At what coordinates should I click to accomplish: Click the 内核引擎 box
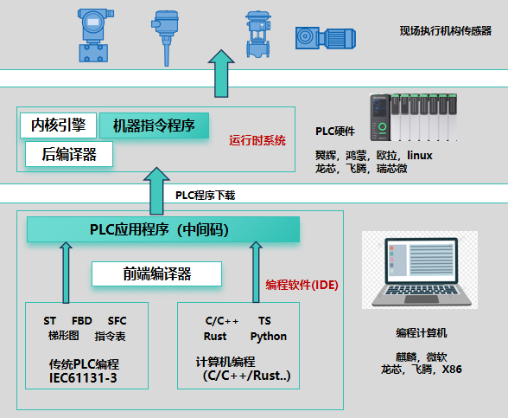[59, 125]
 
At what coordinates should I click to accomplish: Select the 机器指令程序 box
[154, 125]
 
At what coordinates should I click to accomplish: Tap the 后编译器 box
[69, 154]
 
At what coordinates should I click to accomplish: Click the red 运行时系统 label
[257, 140]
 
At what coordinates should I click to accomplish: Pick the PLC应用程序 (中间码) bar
[163, 229]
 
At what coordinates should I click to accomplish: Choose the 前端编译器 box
[157, 273]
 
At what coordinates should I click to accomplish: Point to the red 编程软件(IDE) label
[302, 285]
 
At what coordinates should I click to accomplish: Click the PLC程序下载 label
[205, 196]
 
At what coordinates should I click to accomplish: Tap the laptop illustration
[420, 270]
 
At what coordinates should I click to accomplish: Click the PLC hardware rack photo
[413, 118]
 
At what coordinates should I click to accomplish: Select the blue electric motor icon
[326, 38]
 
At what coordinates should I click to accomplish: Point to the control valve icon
[258, 35]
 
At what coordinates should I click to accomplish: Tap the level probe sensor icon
[165, 38]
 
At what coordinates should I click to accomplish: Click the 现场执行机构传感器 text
[446, 31]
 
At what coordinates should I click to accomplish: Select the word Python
[269, 337]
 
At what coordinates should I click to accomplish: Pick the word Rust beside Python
[215, 336]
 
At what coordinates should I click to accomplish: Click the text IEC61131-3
[83, 378]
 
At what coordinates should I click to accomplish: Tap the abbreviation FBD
[82, 321]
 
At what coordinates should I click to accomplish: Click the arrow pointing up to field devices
[221, 74]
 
